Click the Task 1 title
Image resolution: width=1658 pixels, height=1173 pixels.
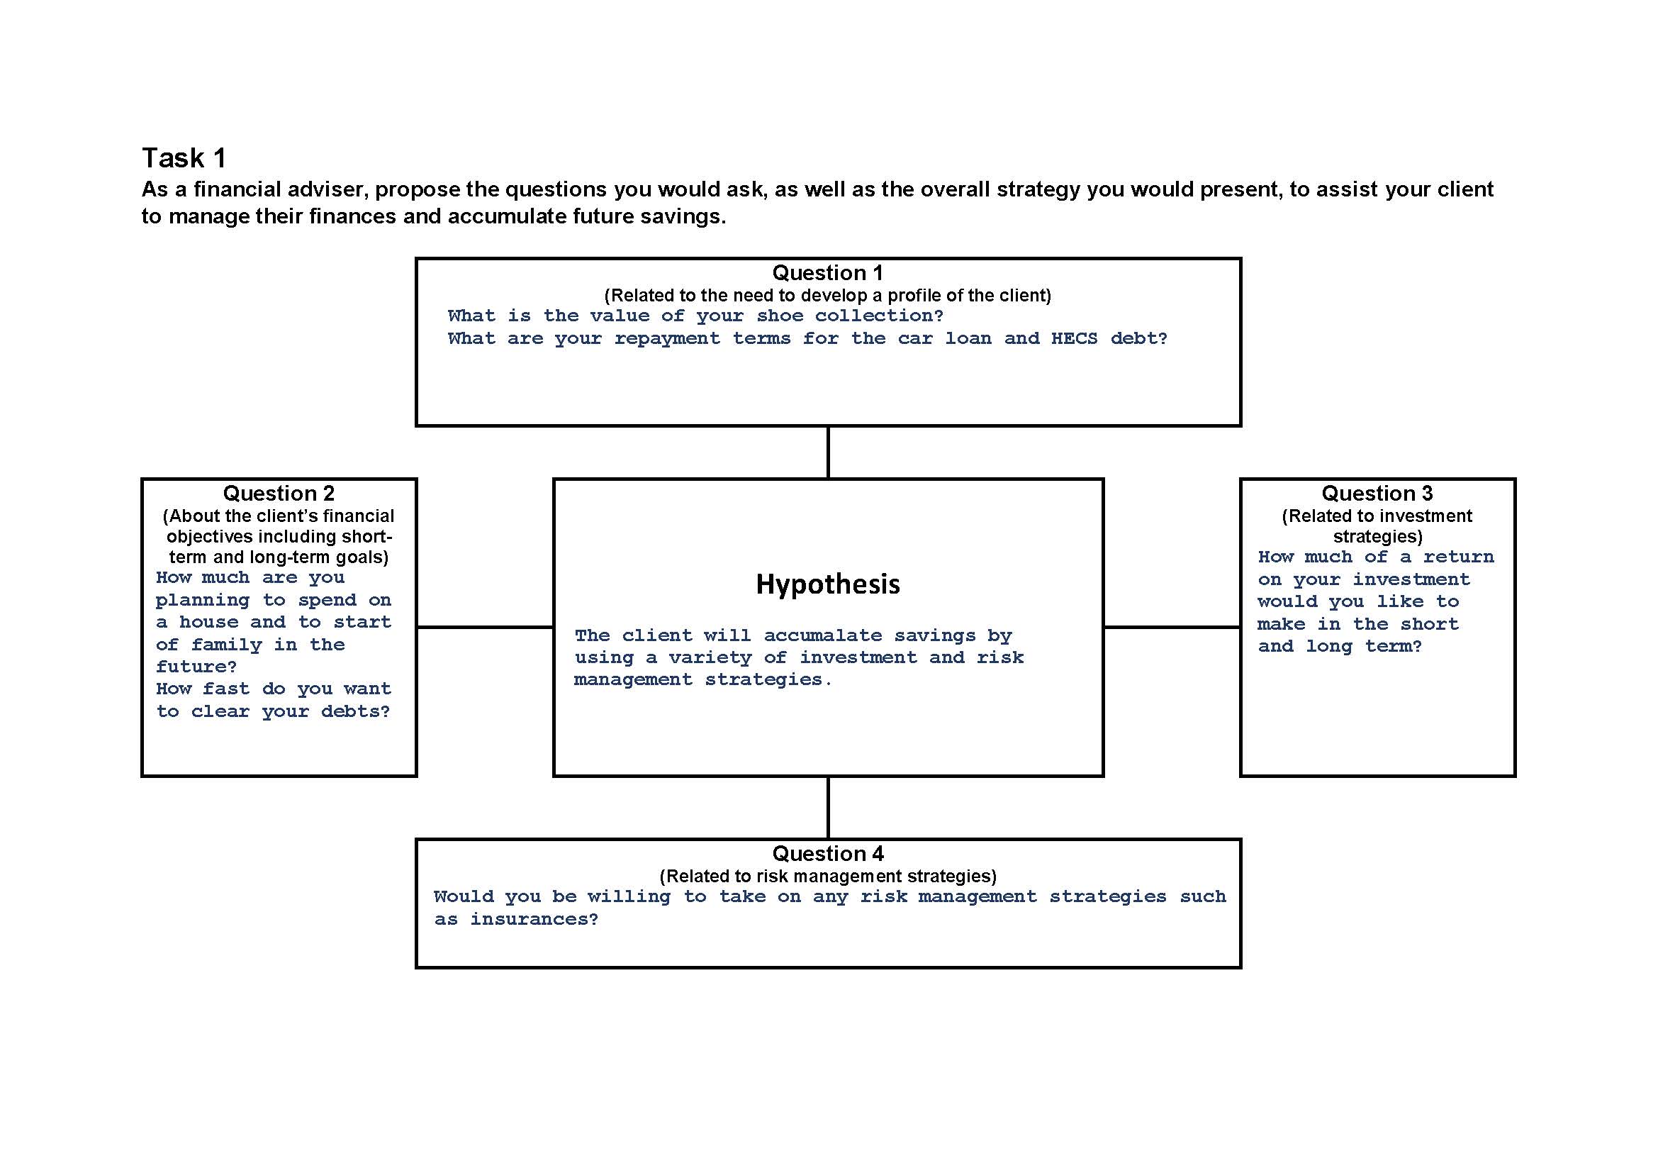[184, 158]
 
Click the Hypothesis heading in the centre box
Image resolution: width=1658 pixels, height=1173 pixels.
[827, 584]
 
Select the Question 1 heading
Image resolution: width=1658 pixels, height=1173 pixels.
[827, 272]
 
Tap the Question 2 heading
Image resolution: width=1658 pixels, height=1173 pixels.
[279, 494]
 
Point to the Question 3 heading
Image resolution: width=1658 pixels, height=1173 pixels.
[1377, 494]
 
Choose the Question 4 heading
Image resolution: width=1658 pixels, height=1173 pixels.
[827, 854]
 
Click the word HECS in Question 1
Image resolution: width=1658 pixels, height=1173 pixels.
[1074, 339]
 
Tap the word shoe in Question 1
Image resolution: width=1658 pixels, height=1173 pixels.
[780, 316]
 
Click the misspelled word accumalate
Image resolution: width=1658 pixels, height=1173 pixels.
[822, 635]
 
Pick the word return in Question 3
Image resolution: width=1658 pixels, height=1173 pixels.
[1458, 557]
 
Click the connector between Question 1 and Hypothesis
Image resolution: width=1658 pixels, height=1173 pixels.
[827, 452]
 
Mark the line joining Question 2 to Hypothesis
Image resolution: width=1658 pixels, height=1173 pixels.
[486, 627]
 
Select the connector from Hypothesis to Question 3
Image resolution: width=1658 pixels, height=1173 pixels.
[1172, 627]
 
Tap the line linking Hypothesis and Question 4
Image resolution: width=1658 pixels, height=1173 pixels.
[827, 808]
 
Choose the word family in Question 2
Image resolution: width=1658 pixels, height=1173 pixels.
[226, 644]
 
